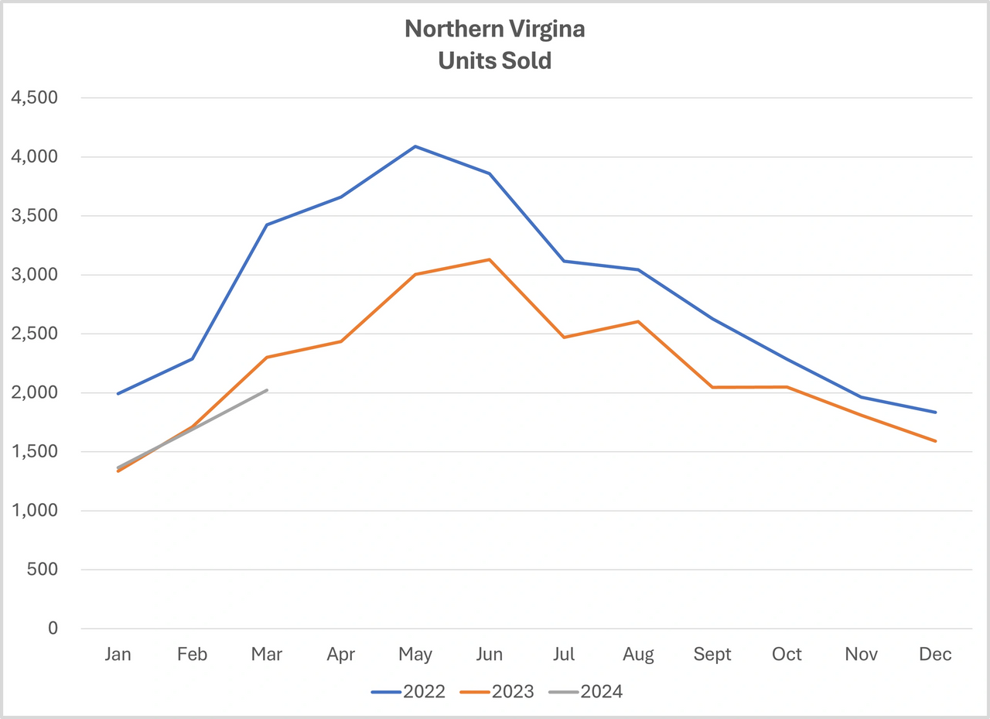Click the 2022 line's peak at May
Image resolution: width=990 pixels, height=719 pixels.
pyautogui.click(x=415, y=146)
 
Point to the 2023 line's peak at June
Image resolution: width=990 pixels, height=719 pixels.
pyautogui.click(x=490, y=259)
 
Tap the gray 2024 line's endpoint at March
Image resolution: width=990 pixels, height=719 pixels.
pyautogui.click(x=267, y=390)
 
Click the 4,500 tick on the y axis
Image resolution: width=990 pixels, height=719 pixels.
pyautogui.click(x=32, y=98)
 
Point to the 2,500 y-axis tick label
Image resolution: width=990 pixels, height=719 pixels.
pyautogui.click(x=32, y=334)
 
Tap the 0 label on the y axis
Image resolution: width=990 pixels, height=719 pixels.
pyautogui.click(x=53, y=628)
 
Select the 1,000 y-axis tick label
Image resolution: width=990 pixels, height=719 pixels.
pyautogui.click(x=32, y=511)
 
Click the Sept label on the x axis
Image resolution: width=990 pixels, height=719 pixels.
pyautogui.click(x=712, y=655)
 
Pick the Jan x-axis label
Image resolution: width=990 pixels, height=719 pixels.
pyautogui.click(x=118, y=655)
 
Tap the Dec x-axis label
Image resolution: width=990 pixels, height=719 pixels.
pyautogui.click(x=935, y=655)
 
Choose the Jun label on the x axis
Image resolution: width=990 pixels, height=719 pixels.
pyautogui.click(x=490, y=655)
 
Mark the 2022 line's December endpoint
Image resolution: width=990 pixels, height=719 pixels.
pyautogui.click(x=935, y=412)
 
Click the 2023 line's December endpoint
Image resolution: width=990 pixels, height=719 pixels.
pyautogui.click(x=935, y=441)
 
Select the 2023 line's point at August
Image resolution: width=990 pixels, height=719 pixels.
pyautogui.click(x=638, y=321)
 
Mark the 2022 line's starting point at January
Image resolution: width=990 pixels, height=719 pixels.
pyautogui.click(x=118, y=394)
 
